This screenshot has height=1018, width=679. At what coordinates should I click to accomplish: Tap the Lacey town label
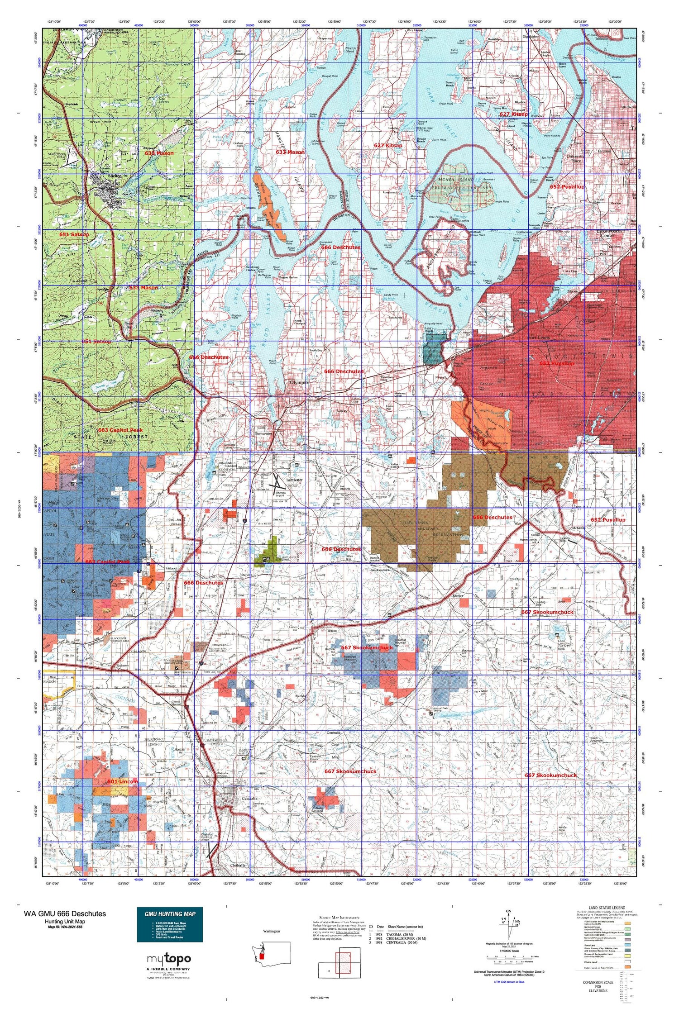coord(342,411)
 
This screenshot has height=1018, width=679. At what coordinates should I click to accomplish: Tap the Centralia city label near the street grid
coord(249,799)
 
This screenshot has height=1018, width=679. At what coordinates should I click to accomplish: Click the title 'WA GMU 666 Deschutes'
coord(65,913)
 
